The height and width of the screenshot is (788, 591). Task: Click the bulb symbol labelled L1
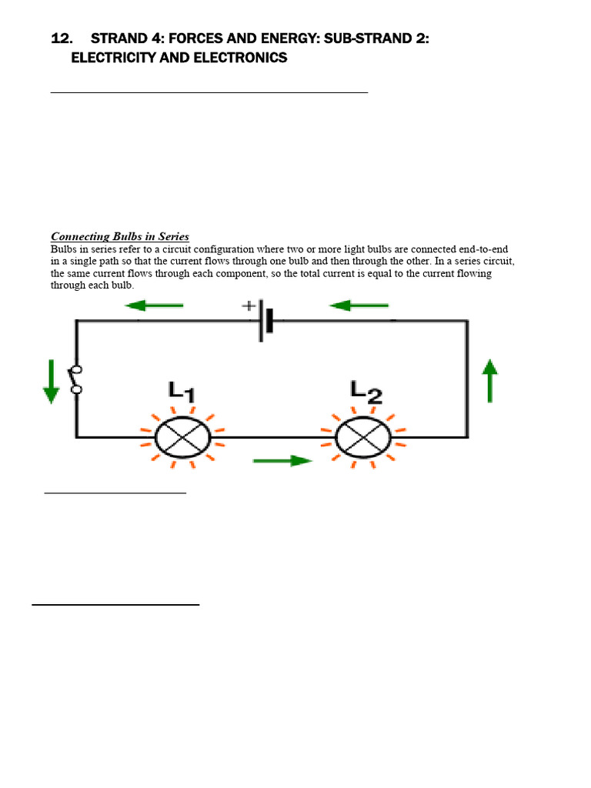click(x=183, y=437)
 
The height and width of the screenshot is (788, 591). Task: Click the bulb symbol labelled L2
click(x=363, y=437)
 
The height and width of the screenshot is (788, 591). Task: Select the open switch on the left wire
click(x=75, y=379)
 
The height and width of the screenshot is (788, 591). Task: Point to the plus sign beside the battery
click(x=249, y=306)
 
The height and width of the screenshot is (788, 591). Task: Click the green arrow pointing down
click(x=51, y=381)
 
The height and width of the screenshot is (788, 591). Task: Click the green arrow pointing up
click(x=489, y=381)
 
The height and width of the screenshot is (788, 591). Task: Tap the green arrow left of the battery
click(x=154, y=306)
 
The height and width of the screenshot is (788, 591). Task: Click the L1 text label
click(x=182, y=392)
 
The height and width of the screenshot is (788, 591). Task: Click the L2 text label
click(x=366, y=392)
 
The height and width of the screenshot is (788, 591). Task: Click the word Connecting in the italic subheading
click(x=82, y=236)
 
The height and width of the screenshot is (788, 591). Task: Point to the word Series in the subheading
click(x=172, y=236)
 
